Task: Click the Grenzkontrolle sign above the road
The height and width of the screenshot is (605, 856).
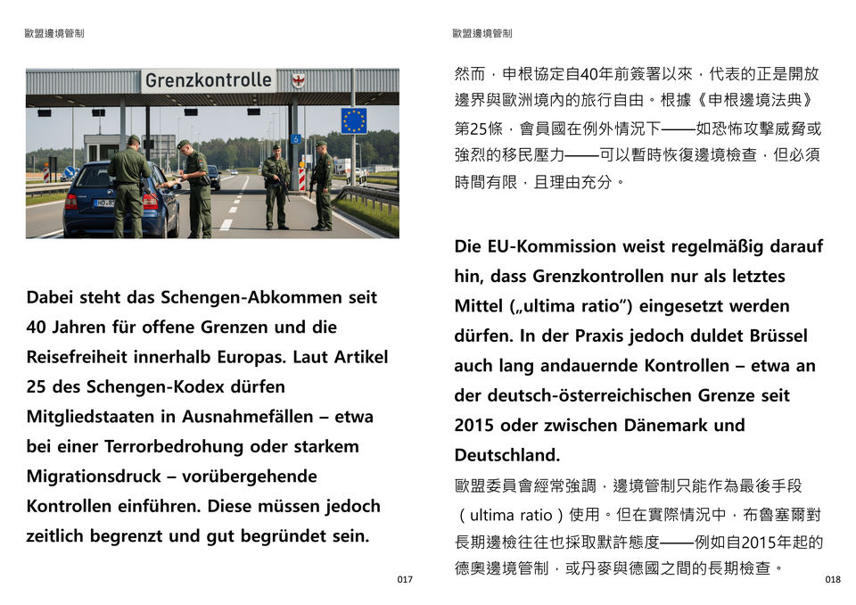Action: point(209,80)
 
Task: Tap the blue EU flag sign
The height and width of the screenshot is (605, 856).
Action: point(353,120)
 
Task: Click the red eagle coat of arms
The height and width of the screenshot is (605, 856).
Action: point(298,80)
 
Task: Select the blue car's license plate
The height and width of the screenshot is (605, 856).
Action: point(106,203)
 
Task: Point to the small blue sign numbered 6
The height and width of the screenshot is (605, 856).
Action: point(296,138)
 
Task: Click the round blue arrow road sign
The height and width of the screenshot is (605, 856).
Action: point(68,171)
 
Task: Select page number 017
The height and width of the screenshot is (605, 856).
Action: point(405,580)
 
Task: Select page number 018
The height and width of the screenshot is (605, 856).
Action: point(833,580)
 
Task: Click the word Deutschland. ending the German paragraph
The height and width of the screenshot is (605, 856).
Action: point(507,455)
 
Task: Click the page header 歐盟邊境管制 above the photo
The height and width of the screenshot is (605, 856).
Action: point(55,34)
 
